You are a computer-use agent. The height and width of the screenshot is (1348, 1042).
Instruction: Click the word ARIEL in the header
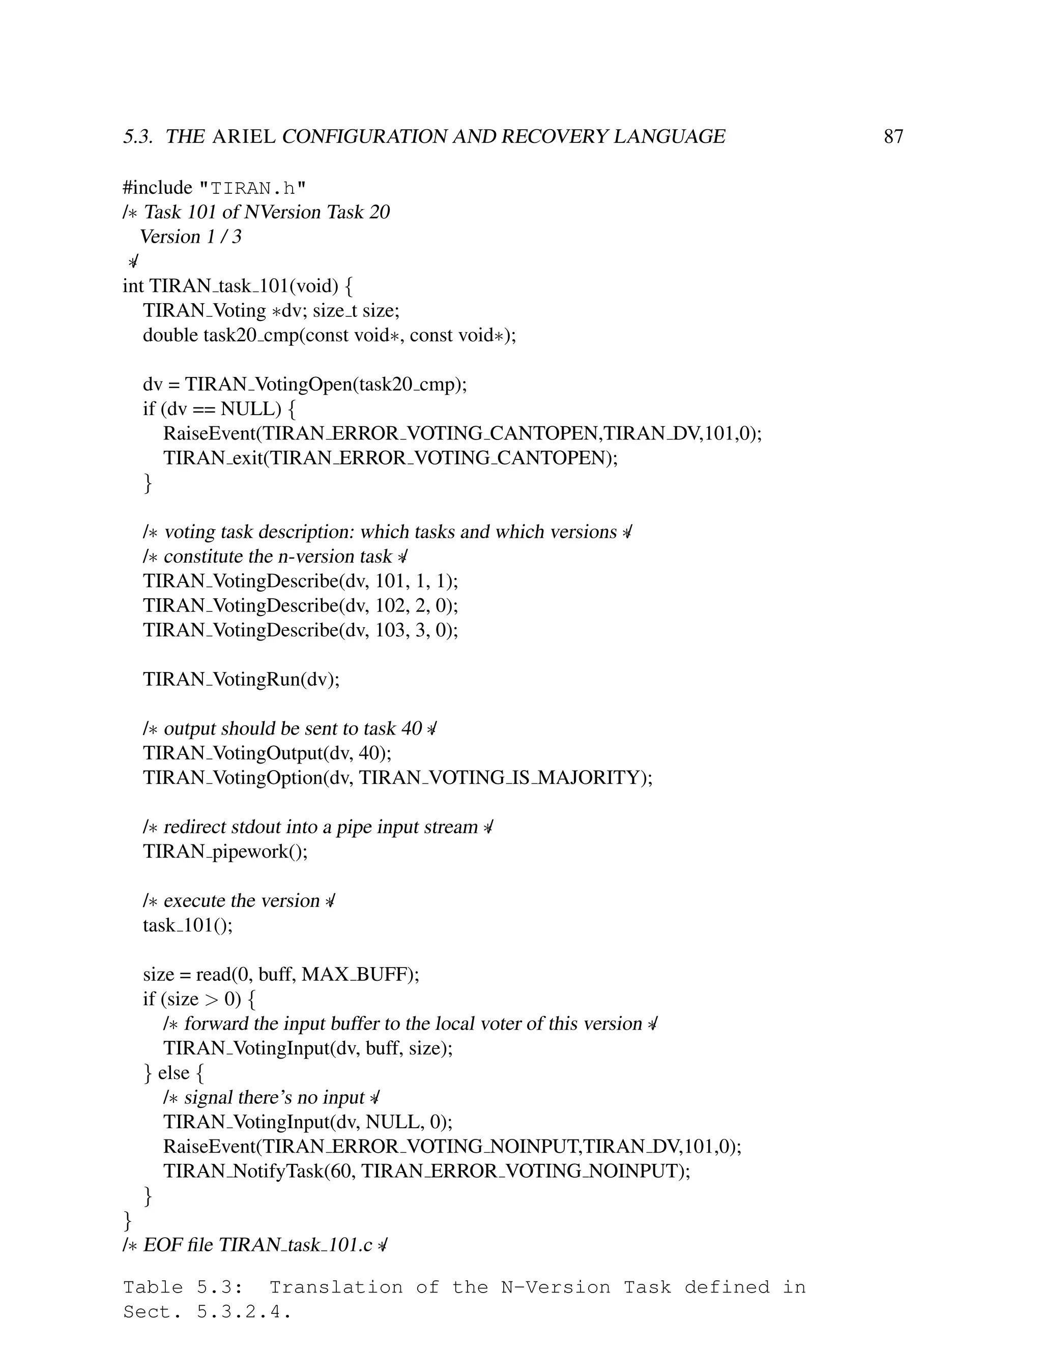(243, 136)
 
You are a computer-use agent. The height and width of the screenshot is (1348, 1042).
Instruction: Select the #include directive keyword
(157, 188)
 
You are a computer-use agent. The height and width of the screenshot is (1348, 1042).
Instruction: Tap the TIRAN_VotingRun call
(241, 680)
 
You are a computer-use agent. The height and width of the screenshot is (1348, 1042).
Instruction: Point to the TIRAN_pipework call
(225, 852)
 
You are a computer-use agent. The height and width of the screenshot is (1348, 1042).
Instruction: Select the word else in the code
(173, 1073)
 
